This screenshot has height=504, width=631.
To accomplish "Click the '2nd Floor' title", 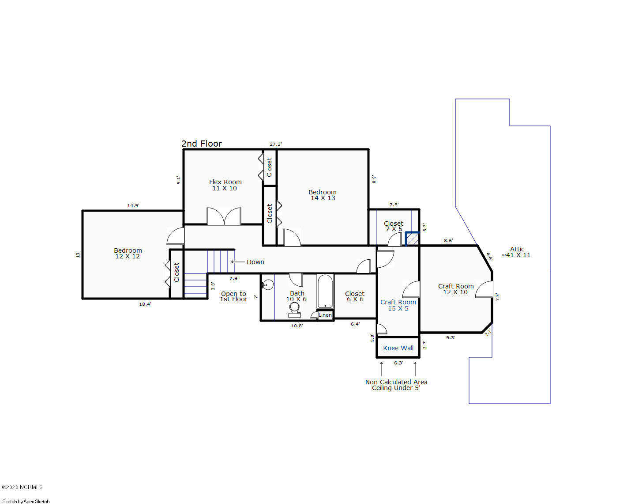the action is pos(202,144).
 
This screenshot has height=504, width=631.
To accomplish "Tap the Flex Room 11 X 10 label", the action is pos(225,185).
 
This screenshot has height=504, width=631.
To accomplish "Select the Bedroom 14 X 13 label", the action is pos(323,195).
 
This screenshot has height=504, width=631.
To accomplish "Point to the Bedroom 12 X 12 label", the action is pos(128,253).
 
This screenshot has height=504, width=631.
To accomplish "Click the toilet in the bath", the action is pos(294,310).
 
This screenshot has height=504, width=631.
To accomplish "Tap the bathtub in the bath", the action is pos(325,292).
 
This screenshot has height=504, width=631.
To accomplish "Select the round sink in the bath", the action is pos(268,284).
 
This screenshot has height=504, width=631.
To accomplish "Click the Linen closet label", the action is pos(325,315).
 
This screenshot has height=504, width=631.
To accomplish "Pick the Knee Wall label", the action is pos(398,348).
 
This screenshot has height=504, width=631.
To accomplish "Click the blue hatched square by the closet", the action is pos(412,239).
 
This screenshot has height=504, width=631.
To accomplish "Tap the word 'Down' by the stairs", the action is pos(255,262).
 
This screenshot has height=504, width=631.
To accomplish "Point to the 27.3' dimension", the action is pos(276,144).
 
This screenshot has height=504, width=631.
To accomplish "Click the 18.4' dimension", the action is pos(145,304).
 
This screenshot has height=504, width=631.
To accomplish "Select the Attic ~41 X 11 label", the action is pos(516,252).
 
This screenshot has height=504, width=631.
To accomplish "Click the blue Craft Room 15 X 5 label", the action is pos(398,305).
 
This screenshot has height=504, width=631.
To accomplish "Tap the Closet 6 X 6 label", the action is pos(355,296).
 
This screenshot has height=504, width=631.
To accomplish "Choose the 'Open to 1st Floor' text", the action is pos(234,296).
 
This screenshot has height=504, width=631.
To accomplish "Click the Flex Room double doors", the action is pos(224,216).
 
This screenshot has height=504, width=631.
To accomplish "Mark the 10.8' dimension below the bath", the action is pos(297,326).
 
